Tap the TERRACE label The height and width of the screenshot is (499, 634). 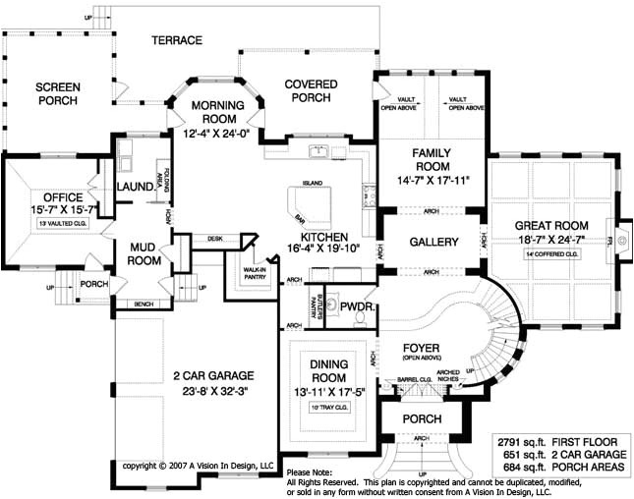point(177,40)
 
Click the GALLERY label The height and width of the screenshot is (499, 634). point(433,242)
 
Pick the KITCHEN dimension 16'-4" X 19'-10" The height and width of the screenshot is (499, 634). point(321,248)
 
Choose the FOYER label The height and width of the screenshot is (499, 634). point(427,348)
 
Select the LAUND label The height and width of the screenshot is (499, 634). point(134,186)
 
